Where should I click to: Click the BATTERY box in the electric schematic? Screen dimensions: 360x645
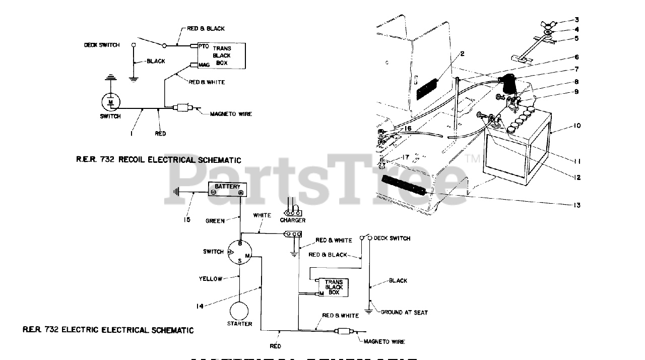pyautogui.click(x=227, y=189)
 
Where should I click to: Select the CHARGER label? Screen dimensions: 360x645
pyautogui.click(x=293, y=220)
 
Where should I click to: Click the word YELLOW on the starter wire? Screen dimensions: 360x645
pyautogui.click(x=210, y=279)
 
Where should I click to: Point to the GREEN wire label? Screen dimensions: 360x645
pyautogui.click(x=215, y=221)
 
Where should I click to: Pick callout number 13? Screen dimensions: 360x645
pyautogui.click(x=576, y=205)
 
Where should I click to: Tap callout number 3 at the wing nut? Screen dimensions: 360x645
pyautogui.click(x=576, y=20)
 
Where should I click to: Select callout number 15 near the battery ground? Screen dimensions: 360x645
pyautogui.click(x=187, y=220)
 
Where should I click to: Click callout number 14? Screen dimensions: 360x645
pyautogui.click(x=201, y=306)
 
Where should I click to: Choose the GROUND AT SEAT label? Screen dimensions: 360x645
pyautogui.click(x=404, y=313)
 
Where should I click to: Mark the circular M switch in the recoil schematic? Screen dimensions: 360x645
pyautogui.click(x=111, y=102)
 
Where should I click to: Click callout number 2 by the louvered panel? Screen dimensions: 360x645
pyautogui.click(x=462, y=53)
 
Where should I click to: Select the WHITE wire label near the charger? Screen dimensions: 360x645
pyautogui.click(x=262, y=215)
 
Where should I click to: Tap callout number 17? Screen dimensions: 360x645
pyautogui.click(x=405, y=157)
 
